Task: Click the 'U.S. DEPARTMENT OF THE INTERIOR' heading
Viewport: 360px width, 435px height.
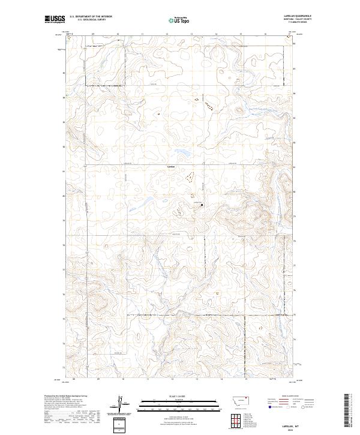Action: pyautogui.click(x=90, y=16)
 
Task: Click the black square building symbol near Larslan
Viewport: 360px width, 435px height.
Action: pyautogui.click(x=202, y=205)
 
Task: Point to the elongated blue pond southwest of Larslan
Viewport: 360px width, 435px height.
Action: pyautogui.click(x=146, y=200)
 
